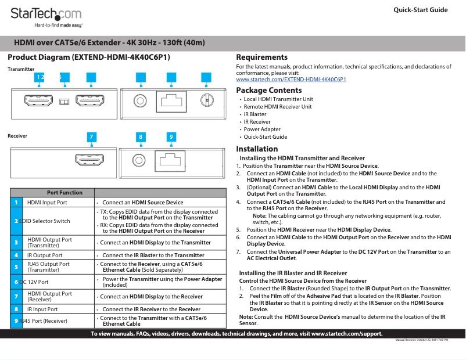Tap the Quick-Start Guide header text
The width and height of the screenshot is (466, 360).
[x=420, y=10]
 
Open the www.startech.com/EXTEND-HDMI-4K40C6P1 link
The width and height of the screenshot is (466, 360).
[x=291, y=79]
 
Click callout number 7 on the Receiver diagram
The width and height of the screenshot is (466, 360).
[x=91, y=137]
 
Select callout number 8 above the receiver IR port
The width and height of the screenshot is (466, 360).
[x=140, y=137]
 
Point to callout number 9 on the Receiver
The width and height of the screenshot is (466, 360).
[x=171, y=137]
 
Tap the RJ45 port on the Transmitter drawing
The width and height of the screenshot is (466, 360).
[x=171, y=100]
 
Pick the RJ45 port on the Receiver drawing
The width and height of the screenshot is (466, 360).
[x=170, y=159]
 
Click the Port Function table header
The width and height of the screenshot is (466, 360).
[x=64, y=193]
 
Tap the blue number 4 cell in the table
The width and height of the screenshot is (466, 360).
[x=16, y=255]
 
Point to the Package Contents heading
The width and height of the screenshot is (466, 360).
[x=268, y=90]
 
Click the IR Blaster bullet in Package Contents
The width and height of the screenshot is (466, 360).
[x=254, y=114]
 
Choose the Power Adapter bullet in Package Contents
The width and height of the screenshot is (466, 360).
[x=262, y=129]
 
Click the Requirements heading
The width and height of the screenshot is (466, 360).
[x=261, y=57]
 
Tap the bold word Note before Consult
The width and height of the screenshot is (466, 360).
[x=246, y=317]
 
